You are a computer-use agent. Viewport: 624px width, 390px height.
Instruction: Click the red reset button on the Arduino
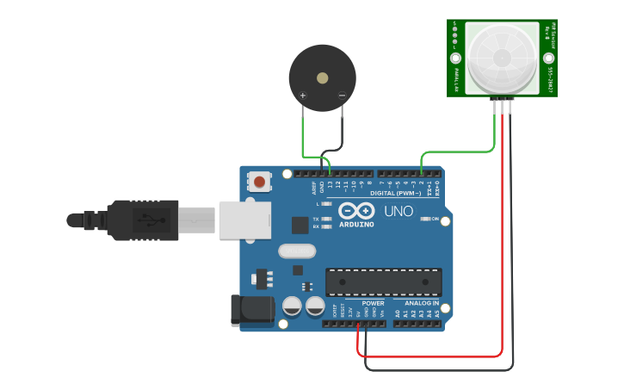[x=258, y=182]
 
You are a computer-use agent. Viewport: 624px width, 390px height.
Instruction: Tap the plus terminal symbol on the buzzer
[x=303, y=95]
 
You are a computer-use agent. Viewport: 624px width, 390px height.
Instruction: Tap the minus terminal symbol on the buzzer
[x=342, y=95]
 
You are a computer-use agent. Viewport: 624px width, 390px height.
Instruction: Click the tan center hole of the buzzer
[x=322, y=77]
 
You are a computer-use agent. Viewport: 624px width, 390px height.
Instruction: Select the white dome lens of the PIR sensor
[x=502, y=57]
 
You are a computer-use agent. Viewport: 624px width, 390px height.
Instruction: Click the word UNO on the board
[x=398, y=211]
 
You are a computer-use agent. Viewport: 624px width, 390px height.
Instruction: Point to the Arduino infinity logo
[x=356, y=211]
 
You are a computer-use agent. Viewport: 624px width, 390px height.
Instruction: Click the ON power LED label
[x=436, y=220]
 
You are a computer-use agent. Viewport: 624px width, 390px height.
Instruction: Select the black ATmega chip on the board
[x=383, y=282]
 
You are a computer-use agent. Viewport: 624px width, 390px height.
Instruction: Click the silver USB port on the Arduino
[x=244, y=220]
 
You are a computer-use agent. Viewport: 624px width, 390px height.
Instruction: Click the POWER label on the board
[x=373, y=303]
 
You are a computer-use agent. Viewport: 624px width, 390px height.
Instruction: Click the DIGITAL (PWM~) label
[x=395, y=193]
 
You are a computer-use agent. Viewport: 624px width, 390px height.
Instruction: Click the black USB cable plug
[x=142, y=220]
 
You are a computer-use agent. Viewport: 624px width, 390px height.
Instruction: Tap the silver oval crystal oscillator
[x=297, y=251]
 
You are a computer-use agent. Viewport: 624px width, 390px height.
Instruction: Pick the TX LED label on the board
[x=316, y=220]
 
